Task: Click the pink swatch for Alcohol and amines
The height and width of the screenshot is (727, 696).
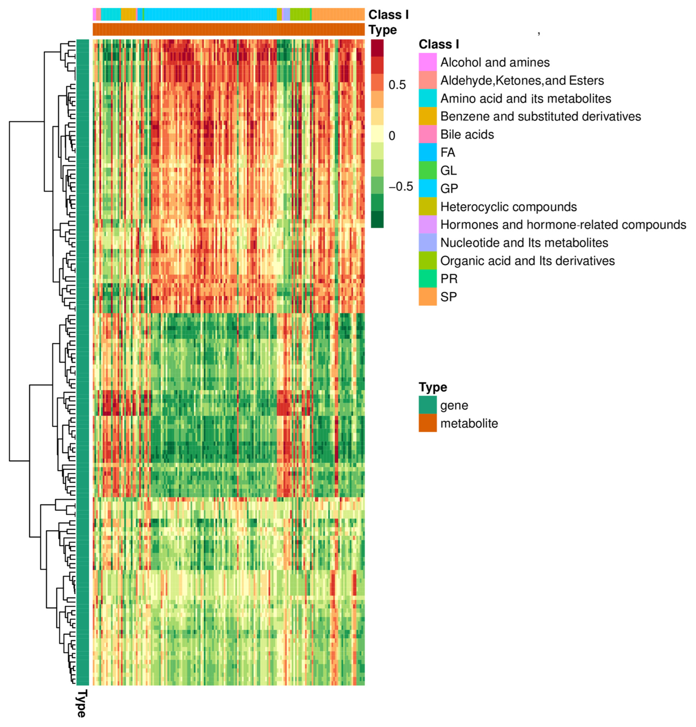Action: tap(427, 62)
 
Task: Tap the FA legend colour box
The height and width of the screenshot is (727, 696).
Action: tap(427, 152)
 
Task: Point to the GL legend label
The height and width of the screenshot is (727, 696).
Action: tap(448, 170)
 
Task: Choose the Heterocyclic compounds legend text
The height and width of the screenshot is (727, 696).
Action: tap(508, 207)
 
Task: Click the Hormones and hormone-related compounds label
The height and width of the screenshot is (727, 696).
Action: tap(563, 224)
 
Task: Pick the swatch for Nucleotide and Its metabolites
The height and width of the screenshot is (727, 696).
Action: tap(427, 242)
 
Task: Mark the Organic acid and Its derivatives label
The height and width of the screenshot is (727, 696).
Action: tap(527, 261)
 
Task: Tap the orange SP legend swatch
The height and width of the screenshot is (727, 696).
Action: tap(427, 297)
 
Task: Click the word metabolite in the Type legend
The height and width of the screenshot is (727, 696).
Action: tap(469, 423)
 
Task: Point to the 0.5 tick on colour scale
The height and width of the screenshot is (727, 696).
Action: tap(397, 85)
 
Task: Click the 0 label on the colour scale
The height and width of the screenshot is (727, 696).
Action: tap(392, 136)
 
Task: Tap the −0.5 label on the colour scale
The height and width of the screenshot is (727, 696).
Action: tap(400, 187)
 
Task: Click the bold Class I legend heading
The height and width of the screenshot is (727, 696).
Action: tap(438, 44)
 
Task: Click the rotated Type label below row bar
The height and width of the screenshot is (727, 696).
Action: tap(81, 704)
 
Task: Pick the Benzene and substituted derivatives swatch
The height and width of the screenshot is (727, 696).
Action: tap(427, 116)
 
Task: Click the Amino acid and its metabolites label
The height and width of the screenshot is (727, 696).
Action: tap(525, 98)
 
